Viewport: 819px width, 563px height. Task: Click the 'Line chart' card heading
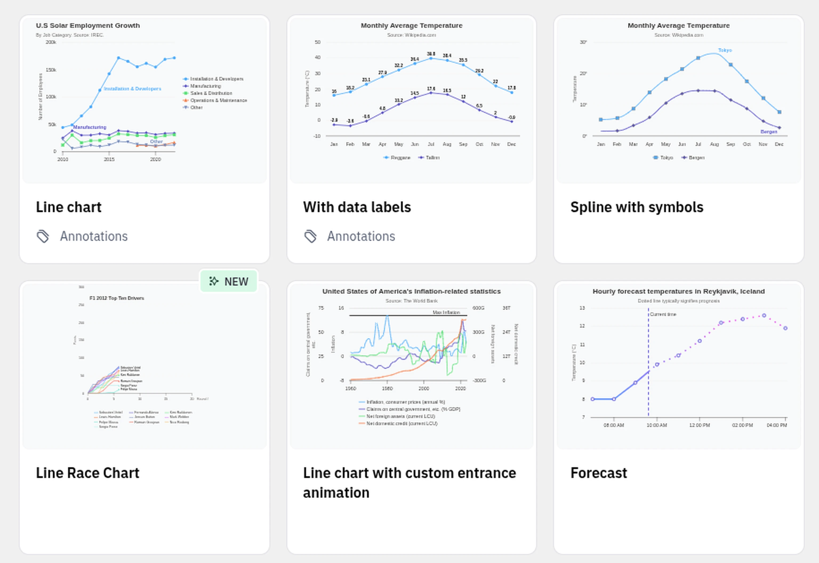click(69, 207)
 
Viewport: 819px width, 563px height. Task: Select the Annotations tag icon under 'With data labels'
click(310, 236)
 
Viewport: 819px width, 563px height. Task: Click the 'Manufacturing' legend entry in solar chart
click(205, 86)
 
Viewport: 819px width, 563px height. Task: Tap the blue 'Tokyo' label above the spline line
click(725, 50)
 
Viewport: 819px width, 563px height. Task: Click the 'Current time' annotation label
click(663, 314)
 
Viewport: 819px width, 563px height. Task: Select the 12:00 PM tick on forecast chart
click(700, 425)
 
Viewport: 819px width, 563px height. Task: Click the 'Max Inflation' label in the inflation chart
click(446, 312)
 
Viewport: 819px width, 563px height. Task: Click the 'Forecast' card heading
click(599, 473)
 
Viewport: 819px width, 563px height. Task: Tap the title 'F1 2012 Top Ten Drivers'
click(117, 298)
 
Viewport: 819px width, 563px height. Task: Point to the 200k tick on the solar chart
click(51, 42)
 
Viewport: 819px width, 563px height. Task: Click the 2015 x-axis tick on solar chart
click(109, 159)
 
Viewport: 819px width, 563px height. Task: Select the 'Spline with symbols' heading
click(637, 207)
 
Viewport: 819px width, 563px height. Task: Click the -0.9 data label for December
click(511, 117)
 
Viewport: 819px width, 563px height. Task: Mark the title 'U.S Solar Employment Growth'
click(88, 25)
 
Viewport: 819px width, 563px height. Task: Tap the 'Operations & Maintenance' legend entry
click(218, 100)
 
